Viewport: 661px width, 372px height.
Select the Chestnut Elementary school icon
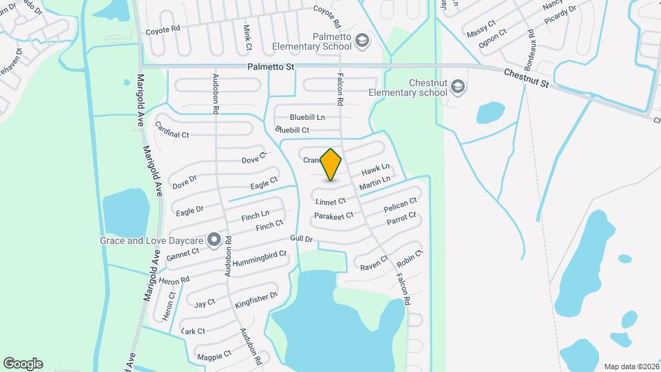pyautogui.click(x=459, y=87)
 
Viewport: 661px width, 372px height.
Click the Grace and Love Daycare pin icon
pyautogui.click(x=214, y=240)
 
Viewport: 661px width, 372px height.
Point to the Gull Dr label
pyautogui.click(x=302, y=238)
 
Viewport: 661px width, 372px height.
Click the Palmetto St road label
pyautogui.click(x=271, y=68)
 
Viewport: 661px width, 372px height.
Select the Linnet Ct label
pyautogui.click(x=330, y=202)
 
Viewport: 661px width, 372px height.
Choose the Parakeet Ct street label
pyautogui.click(x=333, y=216)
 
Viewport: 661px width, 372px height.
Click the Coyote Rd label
pyautogui.click(x=162, y=30)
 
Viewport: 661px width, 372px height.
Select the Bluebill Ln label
pyautogui.click(x=306, y=117)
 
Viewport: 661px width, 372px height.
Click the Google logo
pyautogui.click(x=23, y=363)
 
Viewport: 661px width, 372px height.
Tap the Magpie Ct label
pyautogui.click(x=213, y=355)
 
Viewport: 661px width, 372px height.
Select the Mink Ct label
pyautogui.click(x=247, y=38)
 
